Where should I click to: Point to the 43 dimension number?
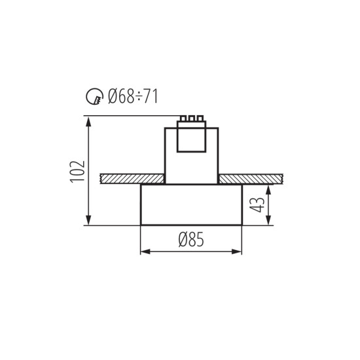click(257, 205)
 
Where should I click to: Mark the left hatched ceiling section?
click(132, 179)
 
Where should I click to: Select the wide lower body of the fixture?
click(191, 205)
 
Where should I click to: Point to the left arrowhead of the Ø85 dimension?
click(145, 251)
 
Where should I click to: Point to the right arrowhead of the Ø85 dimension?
click(238, 251)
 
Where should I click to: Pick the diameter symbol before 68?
click(112, 98)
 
